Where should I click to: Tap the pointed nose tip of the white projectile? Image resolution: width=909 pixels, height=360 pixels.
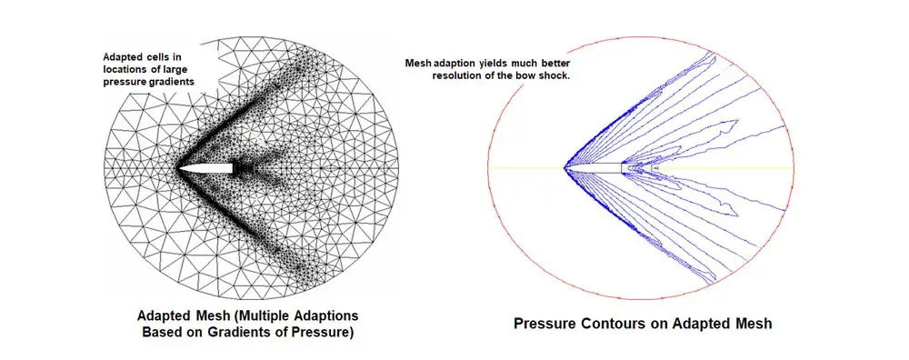click(x=179, y=168)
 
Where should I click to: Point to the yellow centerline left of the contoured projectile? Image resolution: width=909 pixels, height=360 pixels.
click(x=526, y=167)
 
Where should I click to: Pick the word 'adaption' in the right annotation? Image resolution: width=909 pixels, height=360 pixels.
click(x=449, y=64)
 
